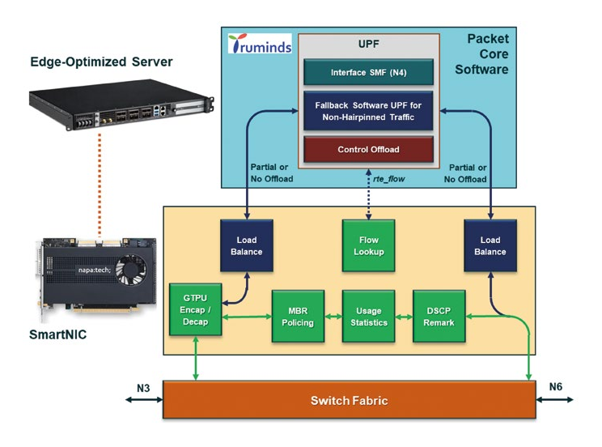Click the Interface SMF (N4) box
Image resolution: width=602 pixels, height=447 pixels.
tap(368, 72)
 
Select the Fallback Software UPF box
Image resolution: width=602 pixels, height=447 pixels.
tap(368, 110)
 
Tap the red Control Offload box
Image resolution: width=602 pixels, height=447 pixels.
tap(368, 149)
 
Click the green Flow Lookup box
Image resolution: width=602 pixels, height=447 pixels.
tap(367, 246)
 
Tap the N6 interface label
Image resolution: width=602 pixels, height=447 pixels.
tap(554, 386)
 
